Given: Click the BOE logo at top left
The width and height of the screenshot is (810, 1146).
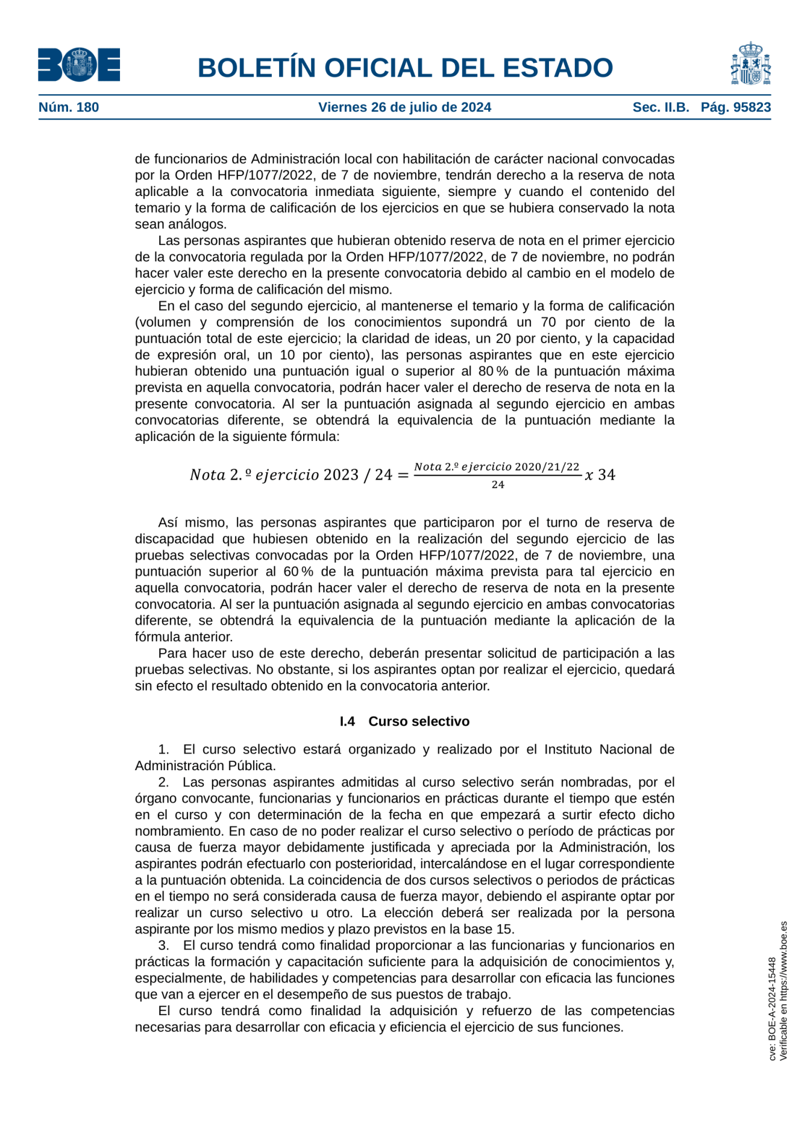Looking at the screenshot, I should tap(79, 65).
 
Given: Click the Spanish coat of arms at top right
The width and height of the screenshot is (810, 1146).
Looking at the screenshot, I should tap(750, 64).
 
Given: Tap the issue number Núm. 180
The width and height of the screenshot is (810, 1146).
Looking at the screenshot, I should tap(69, 107).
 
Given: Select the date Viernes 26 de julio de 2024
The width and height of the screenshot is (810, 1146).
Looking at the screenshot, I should tap(404, 107).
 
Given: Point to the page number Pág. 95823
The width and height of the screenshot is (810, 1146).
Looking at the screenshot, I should tap(735, 107).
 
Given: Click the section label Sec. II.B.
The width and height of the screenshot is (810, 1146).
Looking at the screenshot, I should tap(661, 107).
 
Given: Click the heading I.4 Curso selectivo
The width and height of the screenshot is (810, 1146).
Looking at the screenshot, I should tap(404, 721).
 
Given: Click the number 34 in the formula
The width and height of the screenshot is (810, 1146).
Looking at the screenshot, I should tap(607, 475).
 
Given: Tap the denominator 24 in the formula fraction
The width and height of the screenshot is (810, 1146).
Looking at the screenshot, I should tap(498, 485).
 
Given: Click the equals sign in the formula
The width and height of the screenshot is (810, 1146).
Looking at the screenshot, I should tap(403, 475).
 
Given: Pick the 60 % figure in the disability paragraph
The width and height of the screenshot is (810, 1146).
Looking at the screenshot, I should tap(298, 572).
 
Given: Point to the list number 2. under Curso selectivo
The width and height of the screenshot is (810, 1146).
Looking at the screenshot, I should tap(164, 782).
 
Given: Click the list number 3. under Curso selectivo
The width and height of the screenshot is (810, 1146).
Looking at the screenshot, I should tap(164, 946).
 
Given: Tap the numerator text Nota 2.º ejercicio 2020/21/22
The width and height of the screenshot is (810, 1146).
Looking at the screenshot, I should tap(497, 467).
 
